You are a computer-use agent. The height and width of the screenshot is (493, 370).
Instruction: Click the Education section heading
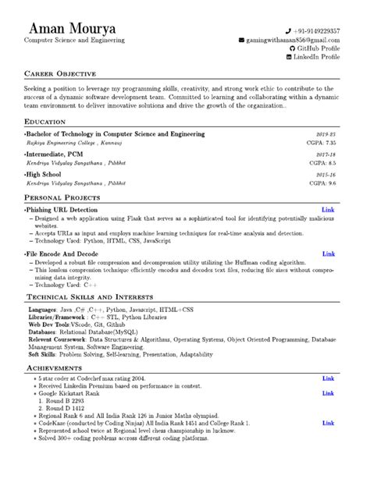coord(44,122)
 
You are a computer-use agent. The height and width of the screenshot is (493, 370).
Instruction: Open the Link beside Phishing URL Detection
coord(329,210)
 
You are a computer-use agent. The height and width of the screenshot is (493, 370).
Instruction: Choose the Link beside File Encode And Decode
coord(329,254)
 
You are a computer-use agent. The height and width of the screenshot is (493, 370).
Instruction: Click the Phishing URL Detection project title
coord(62,210)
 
